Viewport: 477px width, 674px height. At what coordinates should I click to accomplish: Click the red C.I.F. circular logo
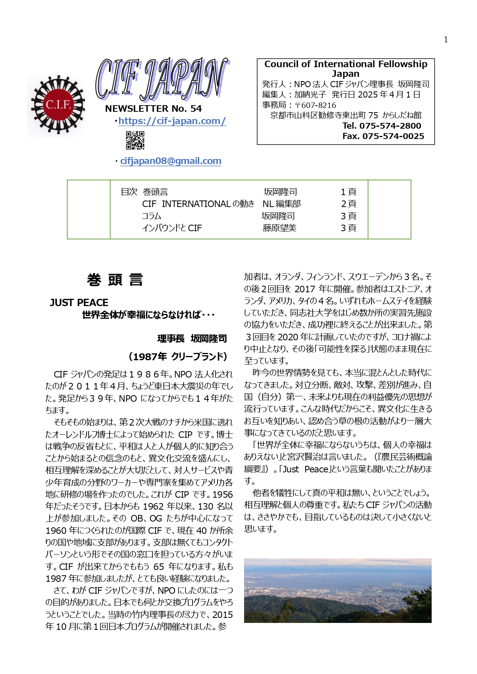coord(58,105)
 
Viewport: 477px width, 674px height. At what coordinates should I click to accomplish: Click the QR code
coord(135,140)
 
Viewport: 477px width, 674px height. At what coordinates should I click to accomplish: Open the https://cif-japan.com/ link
coord(172,121)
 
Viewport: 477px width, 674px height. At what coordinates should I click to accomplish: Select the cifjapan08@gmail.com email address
coord(171,161)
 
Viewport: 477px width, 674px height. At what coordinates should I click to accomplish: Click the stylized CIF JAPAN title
coord(161,79)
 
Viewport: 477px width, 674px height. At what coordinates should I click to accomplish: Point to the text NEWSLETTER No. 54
coord(153,109)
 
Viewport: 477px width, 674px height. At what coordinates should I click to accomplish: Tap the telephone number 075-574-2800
coord(390,126)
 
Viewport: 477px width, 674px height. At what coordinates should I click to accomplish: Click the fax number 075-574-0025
coord(393,136)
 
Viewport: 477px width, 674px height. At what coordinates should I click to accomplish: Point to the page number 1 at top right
coord(445,40)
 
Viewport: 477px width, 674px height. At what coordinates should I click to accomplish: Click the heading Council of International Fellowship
coord(346,64)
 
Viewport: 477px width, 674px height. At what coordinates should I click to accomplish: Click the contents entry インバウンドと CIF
coord(172,228)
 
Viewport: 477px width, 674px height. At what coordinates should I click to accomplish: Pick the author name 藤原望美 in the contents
coord(279,228)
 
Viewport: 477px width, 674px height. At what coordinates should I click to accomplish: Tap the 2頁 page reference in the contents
coord(348,204)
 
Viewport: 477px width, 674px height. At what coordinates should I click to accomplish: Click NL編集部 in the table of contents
coord(281,204)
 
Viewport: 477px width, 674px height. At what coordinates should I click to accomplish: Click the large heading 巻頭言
coord(115,280)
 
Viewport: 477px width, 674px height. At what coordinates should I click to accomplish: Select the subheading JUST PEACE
coord(79,303)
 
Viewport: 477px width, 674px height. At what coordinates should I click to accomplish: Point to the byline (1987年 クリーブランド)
coord(178,357)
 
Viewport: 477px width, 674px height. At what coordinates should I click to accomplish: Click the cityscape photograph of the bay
coord(337,590)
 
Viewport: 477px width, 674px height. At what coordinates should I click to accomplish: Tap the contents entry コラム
coord(151,216)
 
